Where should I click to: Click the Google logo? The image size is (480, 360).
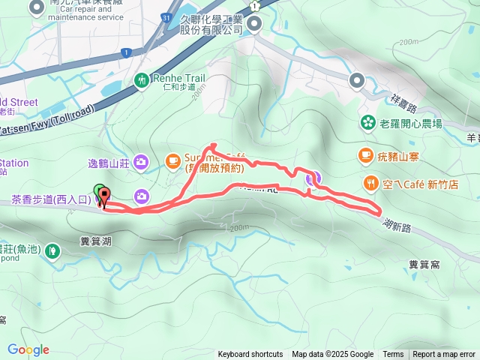[28, 349]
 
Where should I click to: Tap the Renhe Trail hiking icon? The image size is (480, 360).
[142, 79]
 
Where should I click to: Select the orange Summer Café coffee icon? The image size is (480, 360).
[172, 160]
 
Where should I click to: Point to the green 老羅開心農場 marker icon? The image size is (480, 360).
[367, 122]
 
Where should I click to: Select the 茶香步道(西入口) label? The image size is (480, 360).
[51, 200]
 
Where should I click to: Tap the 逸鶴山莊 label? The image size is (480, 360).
[109, 163]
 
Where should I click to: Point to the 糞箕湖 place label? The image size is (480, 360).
[95, 241]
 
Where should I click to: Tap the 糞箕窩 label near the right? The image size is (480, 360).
[424, 264]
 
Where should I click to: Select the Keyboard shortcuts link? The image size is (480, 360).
[250, 355]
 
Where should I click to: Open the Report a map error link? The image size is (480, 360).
[444, 355]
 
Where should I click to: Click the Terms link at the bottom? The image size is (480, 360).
[393, 355]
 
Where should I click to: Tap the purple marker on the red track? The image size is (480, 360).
[312, 178]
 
